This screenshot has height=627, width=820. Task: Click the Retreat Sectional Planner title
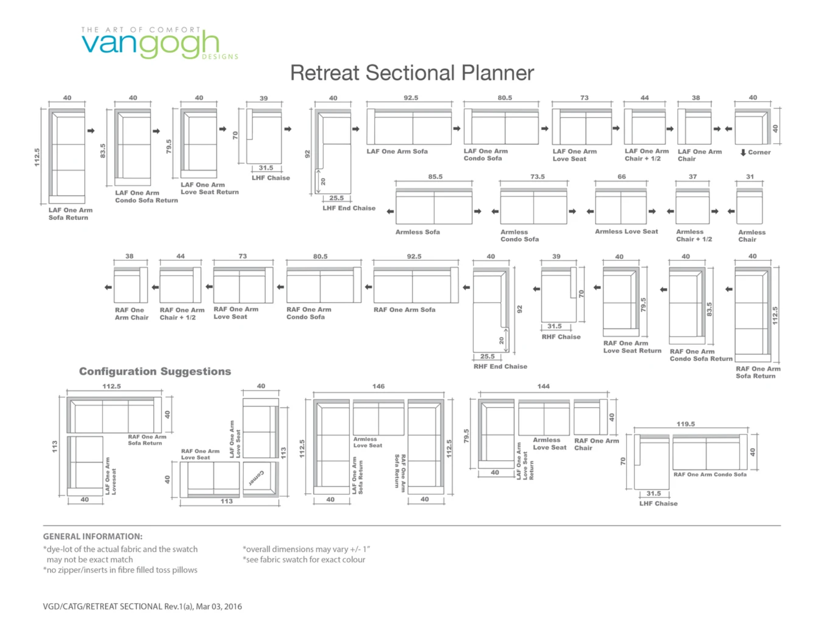412,73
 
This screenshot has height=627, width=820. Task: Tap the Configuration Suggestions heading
155,371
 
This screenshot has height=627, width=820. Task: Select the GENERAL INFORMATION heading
92,536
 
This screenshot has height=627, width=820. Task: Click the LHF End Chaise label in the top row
349,208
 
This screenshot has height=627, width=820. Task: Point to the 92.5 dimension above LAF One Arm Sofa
411,98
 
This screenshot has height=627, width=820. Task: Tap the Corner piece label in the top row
759,152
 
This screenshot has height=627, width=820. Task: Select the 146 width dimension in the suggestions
378,386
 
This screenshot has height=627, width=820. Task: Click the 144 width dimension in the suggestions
543,386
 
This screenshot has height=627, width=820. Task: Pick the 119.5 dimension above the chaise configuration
686,424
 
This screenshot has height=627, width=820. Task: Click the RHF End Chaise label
500,367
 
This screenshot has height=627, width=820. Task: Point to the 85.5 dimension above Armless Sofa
435,177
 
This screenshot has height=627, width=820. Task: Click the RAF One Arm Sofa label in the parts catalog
404,310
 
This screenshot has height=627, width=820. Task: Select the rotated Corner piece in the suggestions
260,478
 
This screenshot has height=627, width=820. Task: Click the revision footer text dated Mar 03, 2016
142,606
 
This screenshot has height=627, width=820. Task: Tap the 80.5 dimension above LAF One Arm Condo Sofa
505,98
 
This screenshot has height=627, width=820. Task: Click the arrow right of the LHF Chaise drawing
288,129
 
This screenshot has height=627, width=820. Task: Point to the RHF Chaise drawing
558,295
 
